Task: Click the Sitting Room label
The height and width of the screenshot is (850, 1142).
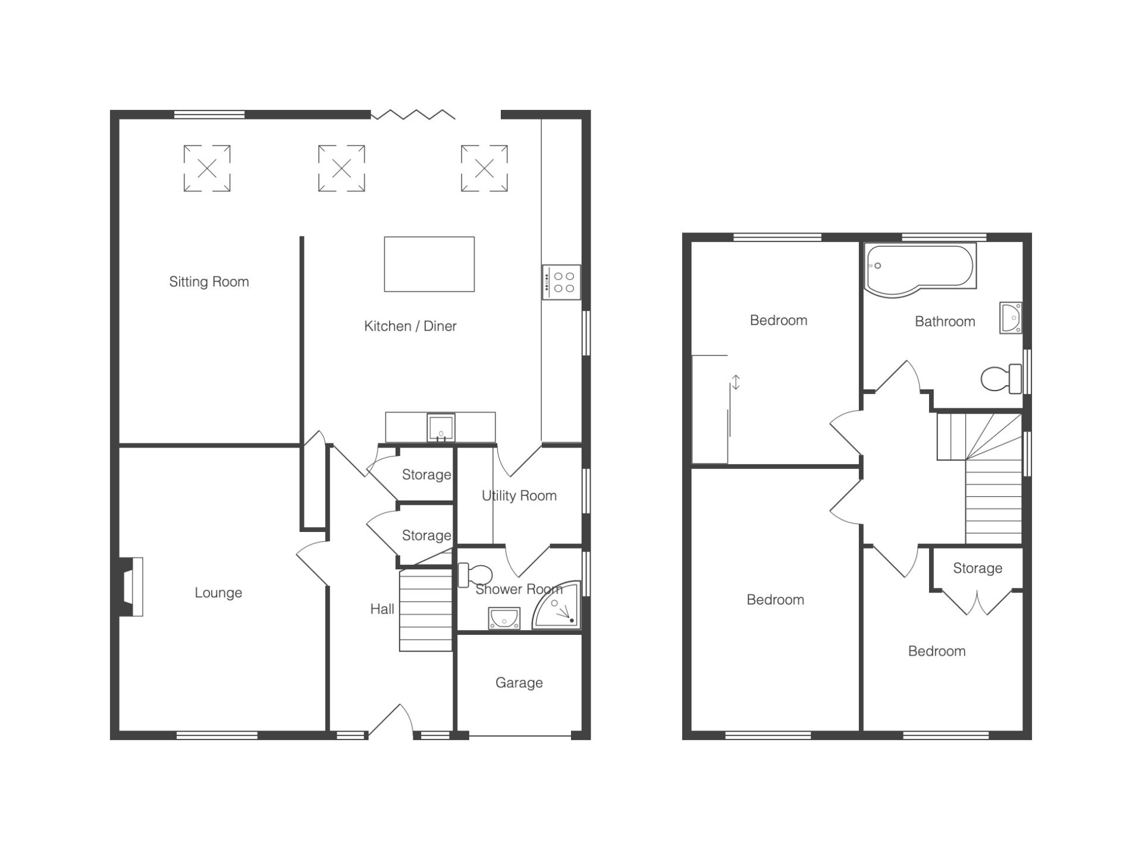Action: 209,282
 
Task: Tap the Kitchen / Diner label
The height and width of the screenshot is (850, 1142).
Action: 410,326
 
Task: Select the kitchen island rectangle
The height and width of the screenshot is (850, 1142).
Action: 429,265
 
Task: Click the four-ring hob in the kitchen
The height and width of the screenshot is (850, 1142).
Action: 561,282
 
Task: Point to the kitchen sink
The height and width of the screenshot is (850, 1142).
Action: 441,428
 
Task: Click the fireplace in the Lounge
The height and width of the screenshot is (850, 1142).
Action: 131,587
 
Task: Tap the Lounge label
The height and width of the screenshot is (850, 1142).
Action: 218,593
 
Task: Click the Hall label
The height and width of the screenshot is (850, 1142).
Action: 382,609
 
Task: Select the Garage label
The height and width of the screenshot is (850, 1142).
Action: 519,683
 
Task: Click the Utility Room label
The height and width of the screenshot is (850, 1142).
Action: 519,496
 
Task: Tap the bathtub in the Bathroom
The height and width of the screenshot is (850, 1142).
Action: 921,269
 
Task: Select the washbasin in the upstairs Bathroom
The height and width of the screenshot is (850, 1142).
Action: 1011,318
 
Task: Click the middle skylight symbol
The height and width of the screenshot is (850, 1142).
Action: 341,169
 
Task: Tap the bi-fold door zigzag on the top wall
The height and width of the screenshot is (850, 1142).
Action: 413,114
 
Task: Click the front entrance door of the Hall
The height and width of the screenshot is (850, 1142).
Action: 391,720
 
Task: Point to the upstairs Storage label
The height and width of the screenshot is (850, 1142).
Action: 978,569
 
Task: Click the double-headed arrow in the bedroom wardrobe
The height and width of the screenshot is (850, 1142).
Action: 736,382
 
